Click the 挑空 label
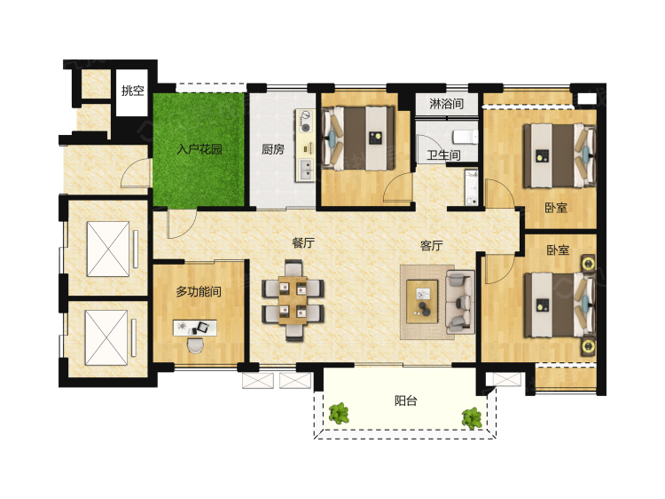tap(133, 91)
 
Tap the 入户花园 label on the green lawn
tap(199, 149)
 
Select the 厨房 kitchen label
tap(273, 149)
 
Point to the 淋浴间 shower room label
tap(446, 104)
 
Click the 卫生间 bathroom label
tap(443, 155)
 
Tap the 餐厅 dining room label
tap(303, 242)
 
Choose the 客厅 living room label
tap(431, 245)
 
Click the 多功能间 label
tap(199, 292)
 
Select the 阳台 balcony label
tap(406, 400)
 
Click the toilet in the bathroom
tap(465, 137)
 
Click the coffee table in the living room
tap(422, 302)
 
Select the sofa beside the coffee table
tap(459, 302)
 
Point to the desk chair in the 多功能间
tap(196, 345)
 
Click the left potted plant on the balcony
tap(339, 413)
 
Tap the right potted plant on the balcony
tap(472, 418)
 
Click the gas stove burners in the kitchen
tap(305, 121)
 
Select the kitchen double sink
tap(305, 169)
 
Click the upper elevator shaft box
tap(108, 249)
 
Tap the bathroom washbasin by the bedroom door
tap(471, 187)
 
